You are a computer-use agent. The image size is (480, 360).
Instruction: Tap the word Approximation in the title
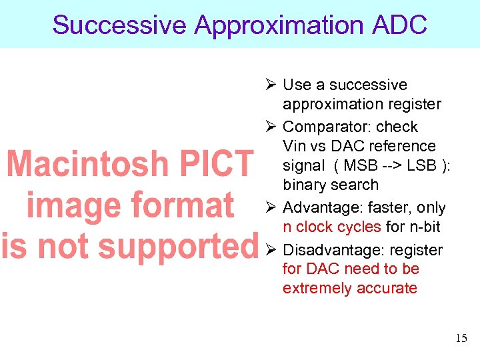tap(275, 25)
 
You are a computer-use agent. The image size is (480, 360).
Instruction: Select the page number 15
tap(461, 339)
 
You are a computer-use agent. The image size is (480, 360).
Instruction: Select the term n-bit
tap(423, 227)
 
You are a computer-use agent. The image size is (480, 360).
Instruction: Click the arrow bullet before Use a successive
tap(271, 85)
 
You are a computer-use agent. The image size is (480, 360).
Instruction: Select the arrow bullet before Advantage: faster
tap(271, 208)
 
